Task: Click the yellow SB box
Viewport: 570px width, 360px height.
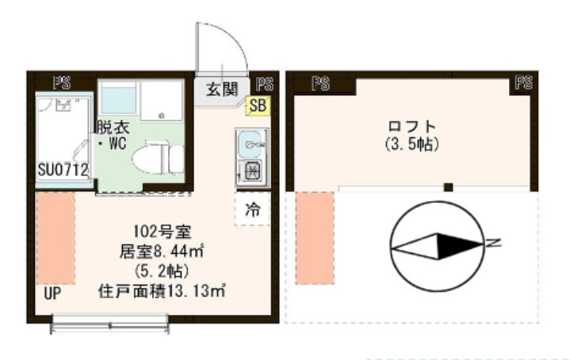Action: click(x=258, y=105)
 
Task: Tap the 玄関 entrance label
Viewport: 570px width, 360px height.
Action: click(x=223, y=89)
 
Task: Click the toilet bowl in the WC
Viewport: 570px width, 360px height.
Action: click(x=159, y=158)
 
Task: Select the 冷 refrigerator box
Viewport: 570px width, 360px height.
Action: click(x=252, y=210)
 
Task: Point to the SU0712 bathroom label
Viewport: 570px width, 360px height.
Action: click(x=63, y=170)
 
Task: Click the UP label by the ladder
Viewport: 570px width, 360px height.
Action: click(x=52, y=293)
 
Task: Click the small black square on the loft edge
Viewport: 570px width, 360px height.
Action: click(x=448, y=187)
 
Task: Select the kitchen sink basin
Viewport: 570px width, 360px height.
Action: click(x=251, y=144)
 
